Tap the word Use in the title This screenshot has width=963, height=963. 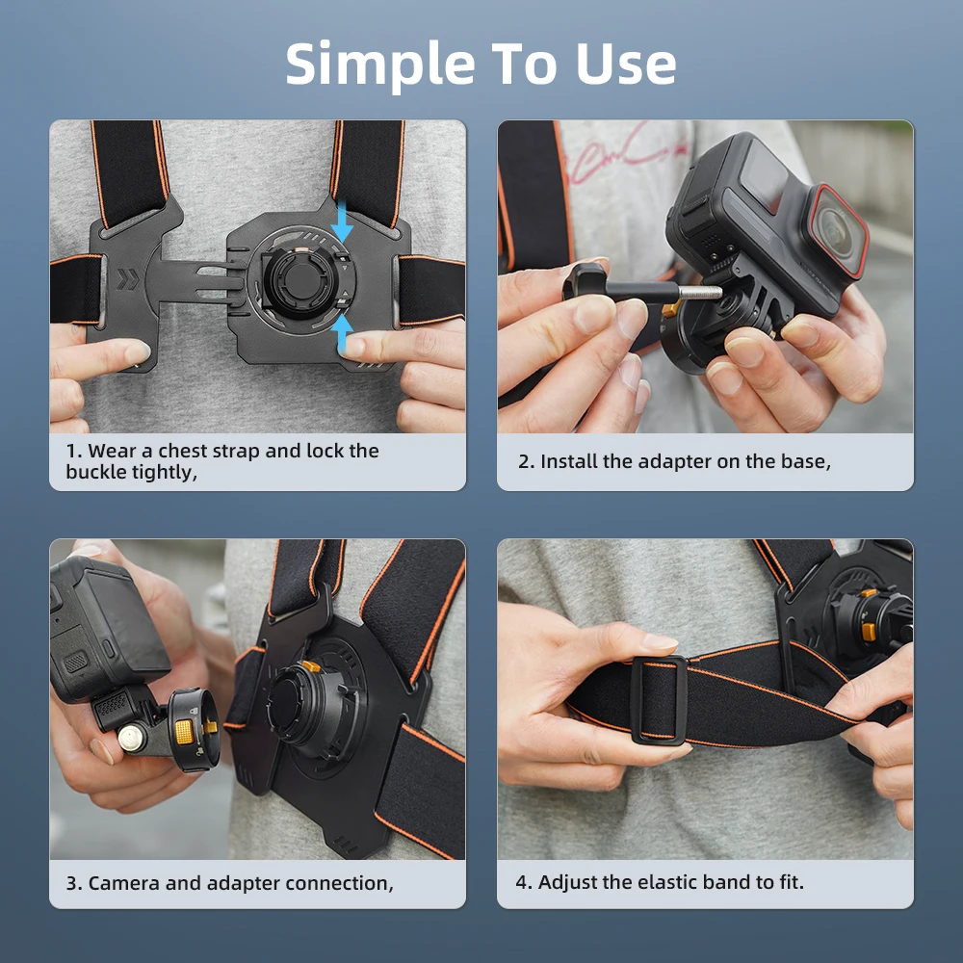626,64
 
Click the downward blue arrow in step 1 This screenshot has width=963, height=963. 342,221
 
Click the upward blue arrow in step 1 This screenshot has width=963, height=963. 342,335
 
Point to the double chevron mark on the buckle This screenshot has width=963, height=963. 128,278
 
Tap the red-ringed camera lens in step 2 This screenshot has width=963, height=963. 836,230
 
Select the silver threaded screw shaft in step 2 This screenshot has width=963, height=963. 700,292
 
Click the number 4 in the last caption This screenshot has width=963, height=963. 522,882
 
